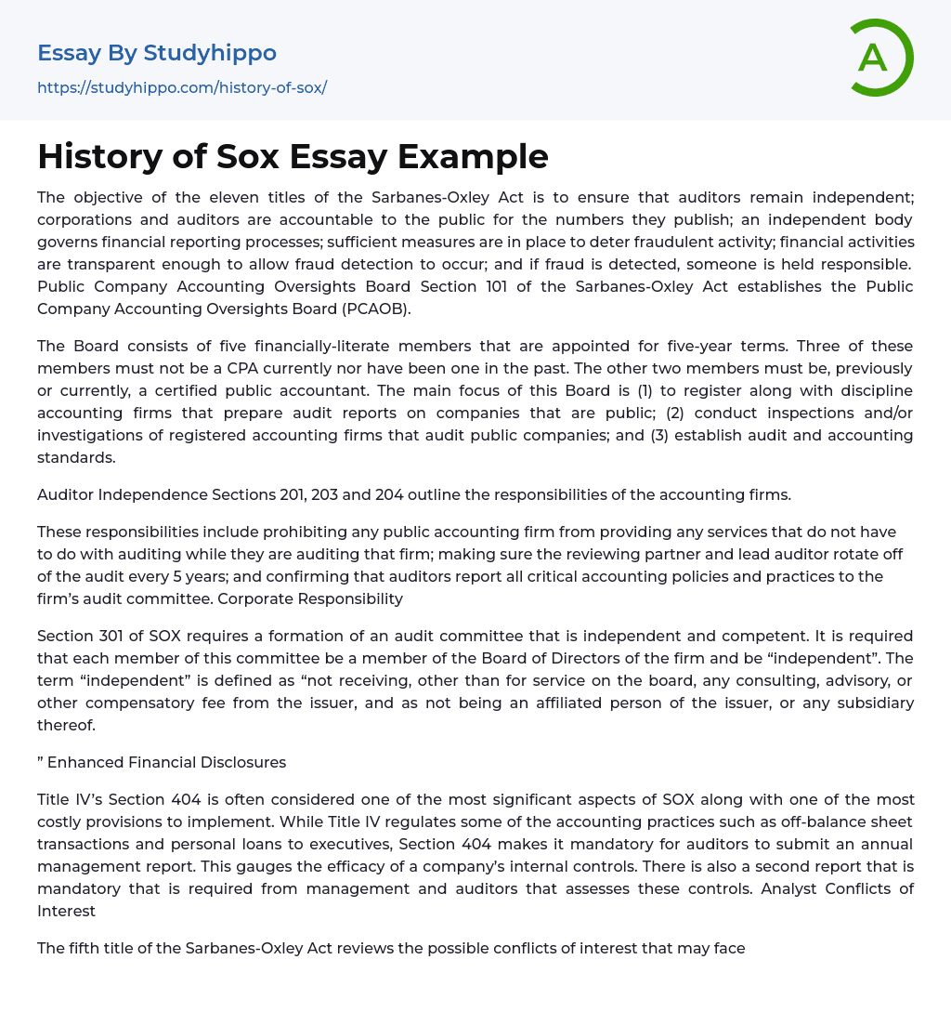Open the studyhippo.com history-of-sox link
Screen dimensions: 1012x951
coord(182,87)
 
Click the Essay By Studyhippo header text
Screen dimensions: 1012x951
coord(157,53)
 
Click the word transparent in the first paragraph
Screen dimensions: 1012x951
coord(80,264)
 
